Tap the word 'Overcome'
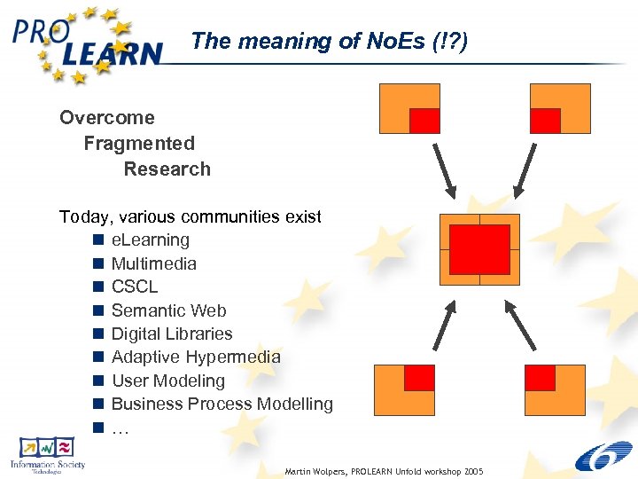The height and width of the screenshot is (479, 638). click(106, 118)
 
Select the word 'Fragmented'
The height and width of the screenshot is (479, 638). click(139, 144)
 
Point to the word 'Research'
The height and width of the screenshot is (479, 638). click(167, 169)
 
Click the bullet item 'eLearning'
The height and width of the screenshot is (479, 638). click(150, 240)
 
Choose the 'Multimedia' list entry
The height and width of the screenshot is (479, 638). click(154, 263)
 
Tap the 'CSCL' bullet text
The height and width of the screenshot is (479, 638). click(135, 287)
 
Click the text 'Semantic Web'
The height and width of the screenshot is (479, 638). click(168, 310)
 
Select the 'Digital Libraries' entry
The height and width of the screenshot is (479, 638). click(172, 334)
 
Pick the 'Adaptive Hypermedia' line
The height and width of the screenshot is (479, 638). click(196, 357)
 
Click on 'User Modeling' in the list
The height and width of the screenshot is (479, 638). click(168, 381)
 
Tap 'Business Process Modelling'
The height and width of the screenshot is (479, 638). click(222, 404)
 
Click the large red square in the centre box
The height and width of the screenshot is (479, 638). click(479, 249)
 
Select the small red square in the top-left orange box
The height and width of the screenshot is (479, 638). click(424, 120)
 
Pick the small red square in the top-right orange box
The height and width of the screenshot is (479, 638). click(546, 120)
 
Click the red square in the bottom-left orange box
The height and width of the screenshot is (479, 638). click(419, 378)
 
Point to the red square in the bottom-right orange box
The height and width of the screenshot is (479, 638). click(540, 378)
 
